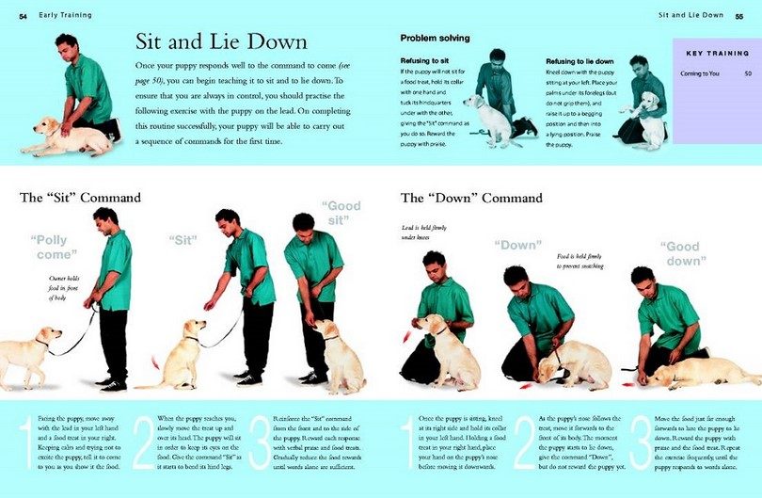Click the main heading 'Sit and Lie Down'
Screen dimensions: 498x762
[221, 43]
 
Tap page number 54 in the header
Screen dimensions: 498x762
[23, 15]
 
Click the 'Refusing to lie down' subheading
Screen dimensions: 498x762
[579, 60]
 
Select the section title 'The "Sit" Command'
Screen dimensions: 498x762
[81, 198]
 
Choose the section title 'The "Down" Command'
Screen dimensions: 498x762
[471, 199]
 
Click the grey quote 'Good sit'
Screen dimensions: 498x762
[341, 214]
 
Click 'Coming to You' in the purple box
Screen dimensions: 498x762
[700, 72]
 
